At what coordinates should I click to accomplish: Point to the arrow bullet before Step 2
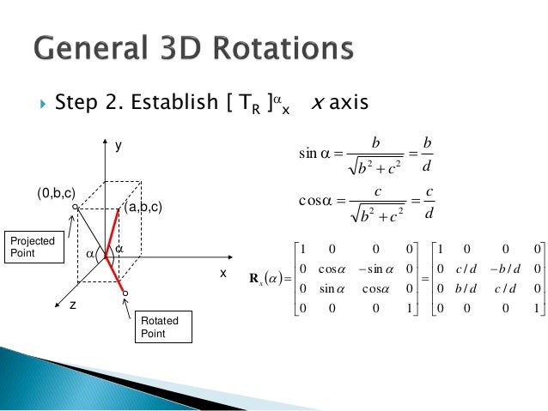point(40,104)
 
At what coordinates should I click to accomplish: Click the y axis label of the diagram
point(119,147)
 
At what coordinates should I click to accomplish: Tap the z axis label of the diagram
point(73,304)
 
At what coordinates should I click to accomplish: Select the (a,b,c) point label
point(143,208)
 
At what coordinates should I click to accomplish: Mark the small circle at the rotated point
point(125,293)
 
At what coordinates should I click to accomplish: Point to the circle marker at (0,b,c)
point(76,207)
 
